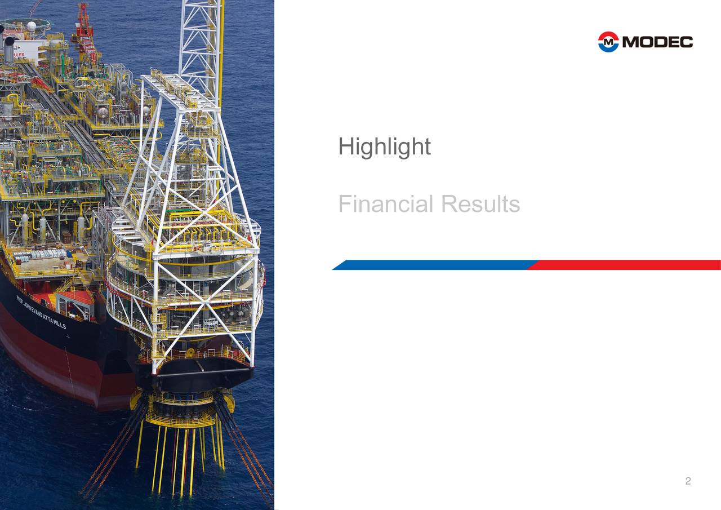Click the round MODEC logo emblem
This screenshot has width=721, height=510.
608,42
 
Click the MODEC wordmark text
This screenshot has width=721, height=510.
658,42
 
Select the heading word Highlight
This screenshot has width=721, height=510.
384,147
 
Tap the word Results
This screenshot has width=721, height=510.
480,204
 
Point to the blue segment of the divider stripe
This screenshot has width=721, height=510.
434,265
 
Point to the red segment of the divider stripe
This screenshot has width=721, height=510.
625,265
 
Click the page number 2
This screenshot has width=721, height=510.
688,481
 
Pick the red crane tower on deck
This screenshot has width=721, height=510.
84,28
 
